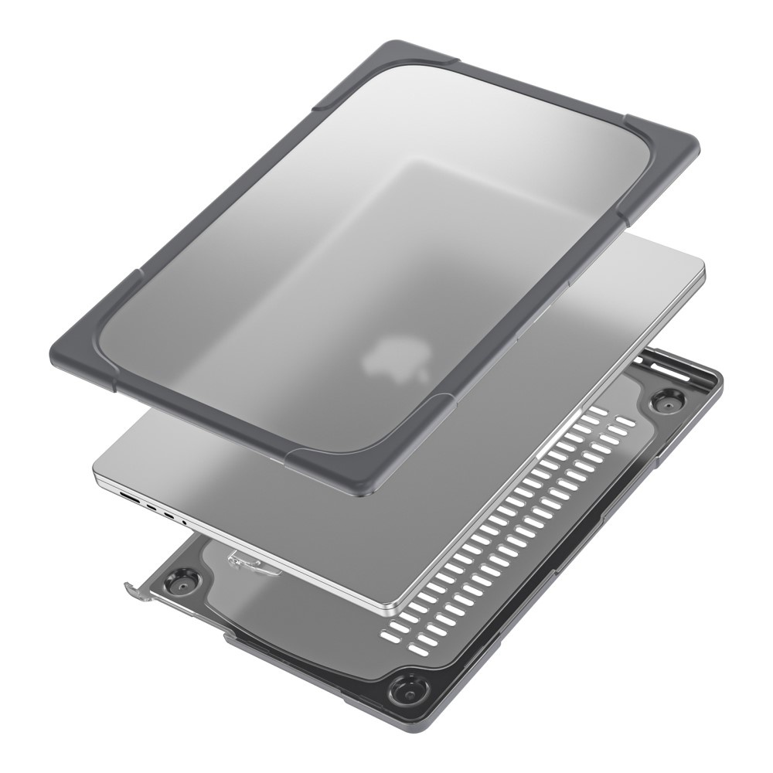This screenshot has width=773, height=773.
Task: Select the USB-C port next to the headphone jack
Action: [x=169, y=516]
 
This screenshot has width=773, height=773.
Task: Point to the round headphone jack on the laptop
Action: [x=184, y=523]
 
